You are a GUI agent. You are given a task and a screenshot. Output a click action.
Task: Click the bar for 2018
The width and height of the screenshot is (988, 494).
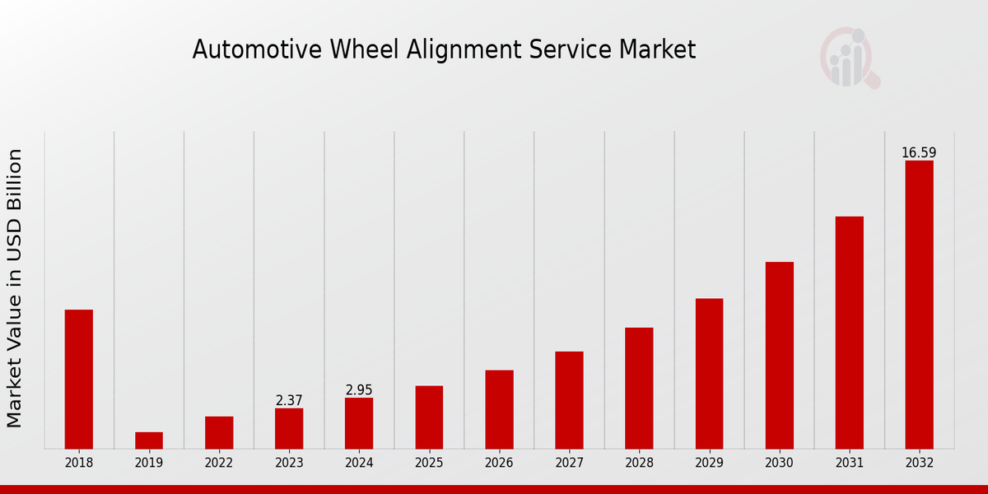click(x=79, y=379)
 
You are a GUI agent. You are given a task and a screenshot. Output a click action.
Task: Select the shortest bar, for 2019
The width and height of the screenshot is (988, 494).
click(x=149, y=440)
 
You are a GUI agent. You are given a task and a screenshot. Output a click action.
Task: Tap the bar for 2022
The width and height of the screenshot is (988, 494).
click(x=219, y=432)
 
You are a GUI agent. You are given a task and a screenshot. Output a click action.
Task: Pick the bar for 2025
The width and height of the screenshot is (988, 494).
click(x=429, y=417)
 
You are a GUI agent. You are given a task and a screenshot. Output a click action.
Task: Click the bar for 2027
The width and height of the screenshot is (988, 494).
click(x=569, y=400)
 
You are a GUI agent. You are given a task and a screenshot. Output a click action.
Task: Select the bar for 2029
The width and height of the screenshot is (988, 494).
click(x=709, y=374)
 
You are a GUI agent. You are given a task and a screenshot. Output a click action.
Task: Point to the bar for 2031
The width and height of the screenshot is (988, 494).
click(x=849, y=333)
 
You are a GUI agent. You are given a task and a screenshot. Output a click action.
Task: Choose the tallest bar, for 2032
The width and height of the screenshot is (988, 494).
click(x=919, y=305)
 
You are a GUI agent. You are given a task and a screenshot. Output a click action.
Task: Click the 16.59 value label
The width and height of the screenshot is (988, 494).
click(x=919, y=152)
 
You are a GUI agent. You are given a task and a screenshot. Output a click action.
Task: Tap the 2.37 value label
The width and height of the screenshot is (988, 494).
click(x=289, y=400)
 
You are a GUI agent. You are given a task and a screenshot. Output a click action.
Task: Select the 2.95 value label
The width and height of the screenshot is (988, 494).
click(x=359, y=389)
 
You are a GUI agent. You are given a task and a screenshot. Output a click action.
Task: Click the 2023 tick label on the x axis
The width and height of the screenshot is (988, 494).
click(x=289, y=464)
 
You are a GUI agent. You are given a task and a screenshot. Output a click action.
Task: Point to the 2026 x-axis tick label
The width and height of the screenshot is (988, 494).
click(x=499, y=464)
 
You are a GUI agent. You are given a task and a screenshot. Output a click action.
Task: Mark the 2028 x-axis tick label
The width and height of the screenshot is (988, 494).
click(x=639, y=464)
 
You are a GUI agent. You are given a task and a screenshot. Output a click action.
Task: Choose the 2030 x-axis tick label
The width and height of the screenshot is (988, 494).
click(x=779, y=464)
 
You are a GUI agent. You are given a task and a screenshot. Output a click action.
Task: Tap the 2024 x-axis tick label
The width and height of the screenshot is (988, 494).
click(x=359, y=464)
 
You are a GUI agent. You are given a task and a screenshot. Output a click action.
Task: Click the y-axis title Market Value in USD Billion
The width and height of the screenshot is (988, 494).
click(x=15, y=288)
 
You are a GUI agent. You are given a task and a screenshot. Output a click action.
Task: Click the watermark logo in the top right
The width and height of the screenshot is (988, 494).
click(x=849, y=58)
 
